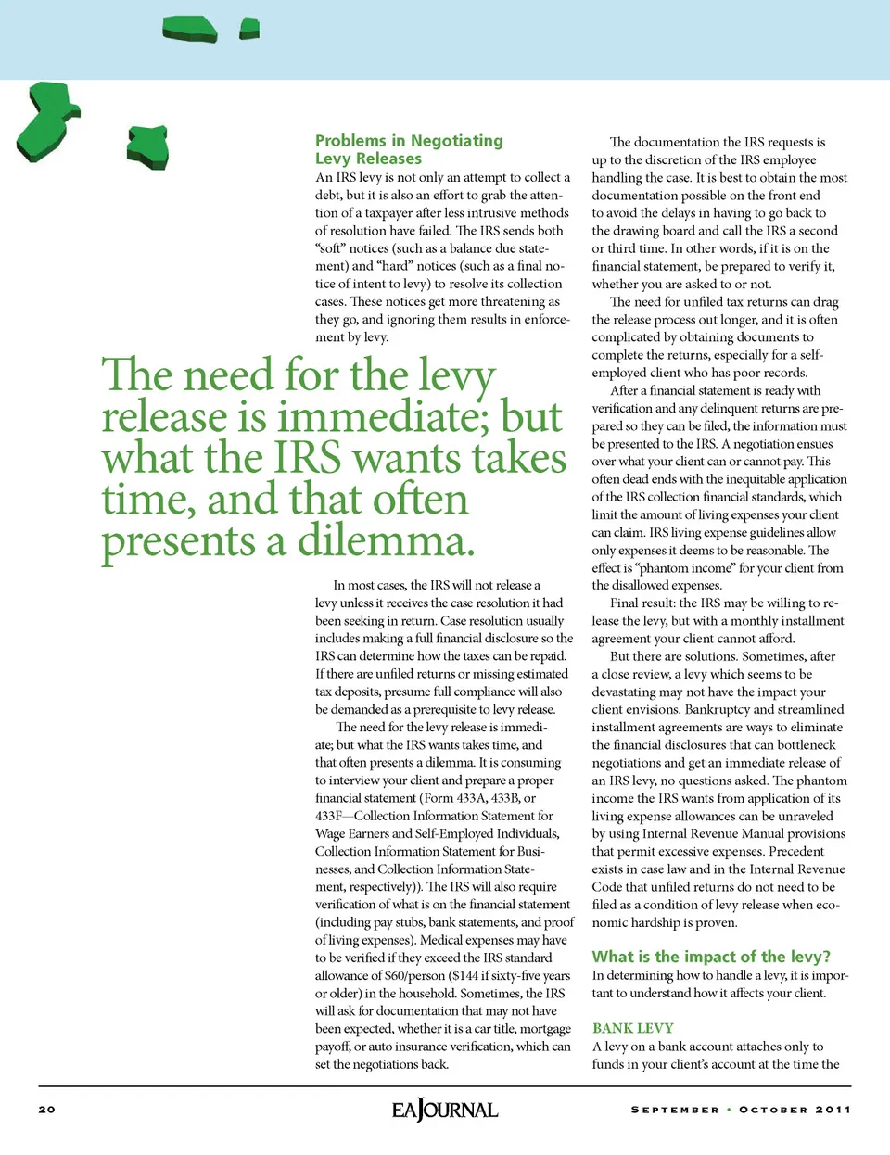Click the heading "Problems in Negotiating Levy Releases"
[x=408, y=149]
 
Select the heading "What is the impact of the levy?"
[x=711, y=957]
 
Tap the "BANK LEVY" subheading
[x=633, y=1028]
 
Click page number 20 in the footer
[x=47, y=1110]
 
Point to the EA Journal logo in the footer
[x=445, y=1110]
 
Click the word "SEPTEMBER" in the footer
[x=675, y=1110]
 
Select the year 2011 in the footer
[x=833, y=1110]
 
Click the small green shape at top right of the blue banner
[x=249, y=29]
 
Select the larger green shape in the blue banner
[x=190, y=29]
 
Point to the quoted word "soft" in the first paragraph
[x=330, y=248]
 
